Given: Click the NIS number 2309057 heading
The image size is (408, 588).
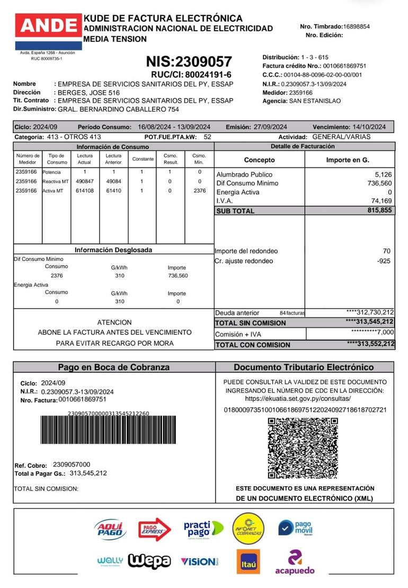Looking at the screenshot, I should (189, 62).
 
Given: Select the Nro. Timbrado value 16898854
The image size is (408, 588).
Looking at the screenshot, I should (357, 26).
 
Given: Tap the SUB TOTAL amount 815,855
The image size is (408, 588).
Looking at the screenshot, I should (379, 210).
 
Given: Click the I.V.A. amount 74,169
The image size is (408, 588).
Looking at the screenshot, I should (381, 201).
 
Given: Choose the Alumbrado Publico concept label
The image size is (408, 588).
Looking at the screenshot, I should (244, 174).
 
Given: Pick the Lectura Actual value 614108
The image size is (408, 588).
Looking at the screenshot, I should (85, 191).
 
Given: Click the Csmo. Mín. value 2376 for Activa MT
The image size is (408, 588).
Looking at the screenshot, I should (199, 191).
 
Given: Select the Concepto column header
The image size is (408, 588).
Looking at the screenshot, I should (260, 160).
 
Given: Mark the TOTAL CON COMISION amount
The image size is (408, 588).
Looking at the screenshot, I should (370, 345).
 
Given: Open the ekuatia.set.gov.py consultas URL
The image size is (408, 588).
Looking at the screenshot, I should (298, 398).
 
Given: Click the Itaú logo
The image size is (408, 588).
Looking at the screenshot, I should (247, 561).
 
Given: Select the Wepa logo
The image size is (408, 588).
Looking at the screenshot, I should (149, 561).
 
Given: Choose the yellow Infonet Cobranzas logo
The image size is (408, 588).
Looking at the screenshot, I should (247, 528).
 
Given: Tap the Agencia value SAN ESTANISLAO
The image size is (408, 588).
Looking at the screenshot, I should (315, 101).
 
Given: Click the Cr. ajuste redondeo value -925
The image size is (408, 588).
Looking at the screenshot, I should (384, 261).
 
